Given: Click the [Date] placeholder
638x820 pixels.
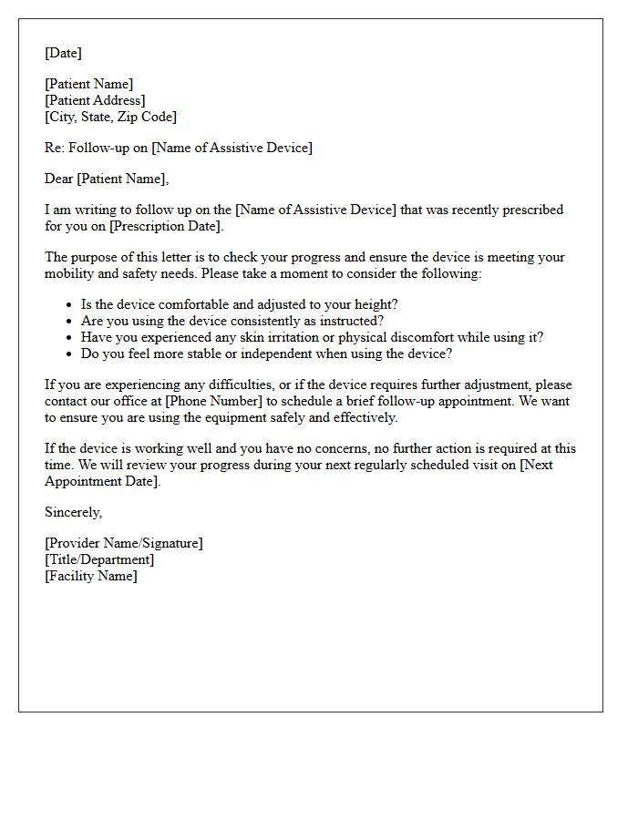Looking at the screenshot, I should point(63,53).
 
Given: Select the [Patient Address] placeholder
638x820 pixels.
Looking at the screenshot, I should point(95,100).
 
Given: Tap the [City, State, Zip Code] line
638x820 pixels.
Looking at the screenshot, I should point(110,117).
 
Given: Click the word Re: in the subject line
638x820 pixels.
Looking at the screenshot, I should point(55,148).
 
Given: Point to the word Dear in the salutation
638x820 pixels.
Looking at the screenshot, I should point(58,179).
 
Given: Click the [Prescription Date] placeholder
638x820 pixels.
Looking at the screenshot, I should point(165,226).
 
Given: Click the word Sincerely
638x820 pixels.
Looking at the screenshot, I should point(73,512).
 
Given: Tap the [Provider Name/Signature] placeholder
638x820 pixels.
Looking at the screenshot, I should point(124,543).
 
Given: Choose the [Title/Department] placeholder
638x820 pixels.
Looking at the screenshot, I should point(99,559).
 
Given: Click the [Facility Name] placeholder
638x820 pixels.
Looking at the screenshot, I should point(91,576).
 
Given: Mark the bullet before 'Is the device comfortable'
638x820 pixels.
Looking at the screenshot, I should point(69,305).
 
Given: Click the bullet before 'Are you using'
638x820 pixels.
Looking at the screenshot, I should point(69,322).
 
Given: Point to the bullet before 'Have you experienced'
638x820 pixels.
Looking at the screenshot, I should point(69,338).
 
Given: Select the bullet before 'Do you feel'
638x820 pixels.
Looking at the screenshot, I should point(69,354).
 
